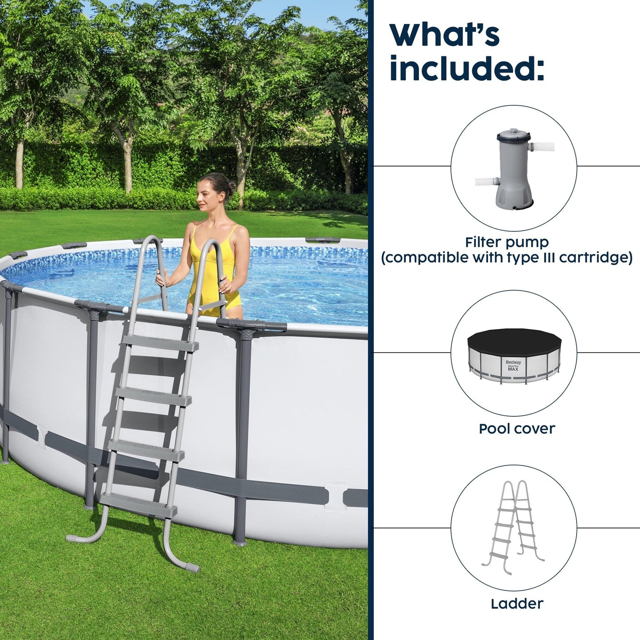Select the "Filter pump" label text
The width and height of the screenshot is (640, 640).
click(x=507, y=242)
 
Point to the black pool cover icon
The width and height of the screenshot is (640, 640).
click(x=514, y=339)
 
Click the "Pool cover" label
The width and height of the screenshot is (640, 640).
click(x=516, y=429)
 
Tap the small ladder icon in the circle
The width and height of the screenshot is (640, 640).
click(x=513, y=527)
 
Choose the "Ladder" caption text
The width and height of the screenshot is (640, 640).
click(x=516, y=603)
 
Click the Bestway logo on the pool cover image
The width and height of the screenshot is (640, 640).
click(x=513, y=362)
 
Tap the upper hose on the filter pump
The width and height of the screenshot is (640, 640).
click(x=541, y=147)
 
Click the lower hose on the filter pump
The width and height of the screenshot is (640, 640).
click(x=486, y=181)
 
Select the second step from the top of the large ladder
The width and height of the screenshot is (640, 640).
click(x=153, y=395)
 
